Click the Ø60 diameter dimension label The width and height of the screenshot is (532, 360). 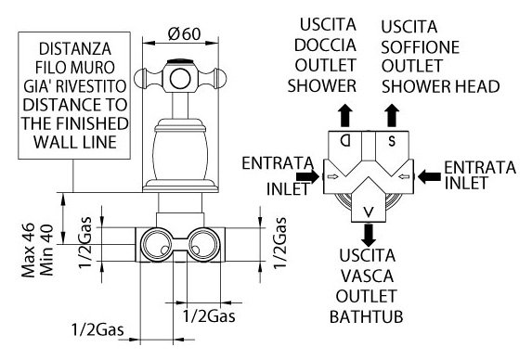184,34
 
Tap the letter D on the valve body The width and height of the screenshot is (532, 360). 345,140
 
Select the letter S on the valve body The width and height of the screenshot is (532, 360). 392,141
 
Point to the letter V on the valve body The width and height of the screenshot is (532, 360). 369,212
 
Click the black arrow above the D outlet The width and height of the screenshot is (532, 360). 345,115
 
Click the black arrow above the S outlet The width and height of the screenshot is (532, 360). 392,115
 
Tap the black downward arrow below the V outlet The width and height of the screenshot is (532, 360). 369,235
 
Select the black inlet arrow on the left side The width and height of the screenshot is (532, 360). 308,176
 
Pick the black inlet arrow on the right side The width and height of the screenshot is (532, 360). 429,176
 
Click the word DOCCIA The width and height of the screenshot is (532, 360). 325,45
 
